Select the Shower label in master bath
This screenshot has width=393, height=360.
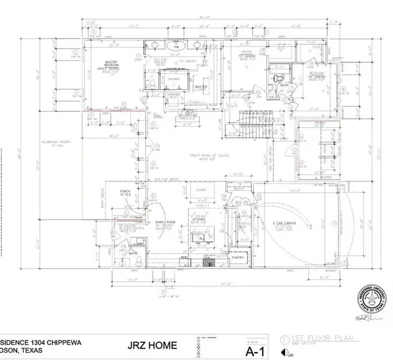(174, 78)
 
